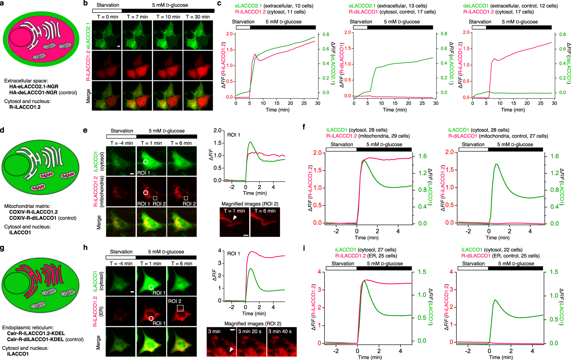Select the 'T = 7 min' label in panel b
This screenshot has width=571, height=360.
[x=137, y=17]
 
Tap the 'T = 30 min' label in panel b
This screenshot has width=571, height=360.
[x=198, y=17]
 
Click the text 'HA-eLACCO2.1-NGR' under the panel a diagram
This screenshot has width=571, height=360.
[x=34, y=87]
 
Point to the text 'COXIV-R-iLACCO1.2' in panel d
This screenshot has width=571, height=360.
[x=33, y=212]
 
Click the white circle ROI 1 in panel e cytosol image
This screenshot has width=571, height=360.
[x=146, y=162]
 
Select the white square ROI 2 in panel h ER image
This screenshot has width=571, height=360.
[x=180, y=308]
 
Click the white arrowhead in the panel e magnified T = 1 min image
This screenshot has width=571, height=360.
[x=235, y=218]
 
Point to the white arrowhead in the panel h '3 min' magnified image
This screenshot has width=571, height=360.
[x=232, y=349]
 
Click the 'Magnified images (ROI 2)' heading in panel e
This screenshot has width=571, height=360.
[x=250, y=204]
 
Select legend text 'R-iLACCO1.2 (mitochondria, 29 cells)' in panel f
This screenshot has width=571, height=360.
[x=368, y=136]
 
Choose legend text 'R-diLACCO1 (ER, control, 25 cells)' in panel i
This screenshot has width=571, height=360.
[x=500, y=256]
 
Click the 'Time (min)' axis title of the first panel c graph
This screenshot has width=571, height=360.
[x=278, y=110]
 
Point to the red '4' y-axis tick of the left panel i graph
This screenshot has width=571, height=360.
[x=319, y=272]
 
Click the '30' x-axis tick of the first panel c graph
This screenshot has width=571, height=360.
[x=318, y=103]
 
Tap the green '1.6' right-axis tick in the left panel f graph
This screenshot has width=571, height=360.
[x=422, y=156]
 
